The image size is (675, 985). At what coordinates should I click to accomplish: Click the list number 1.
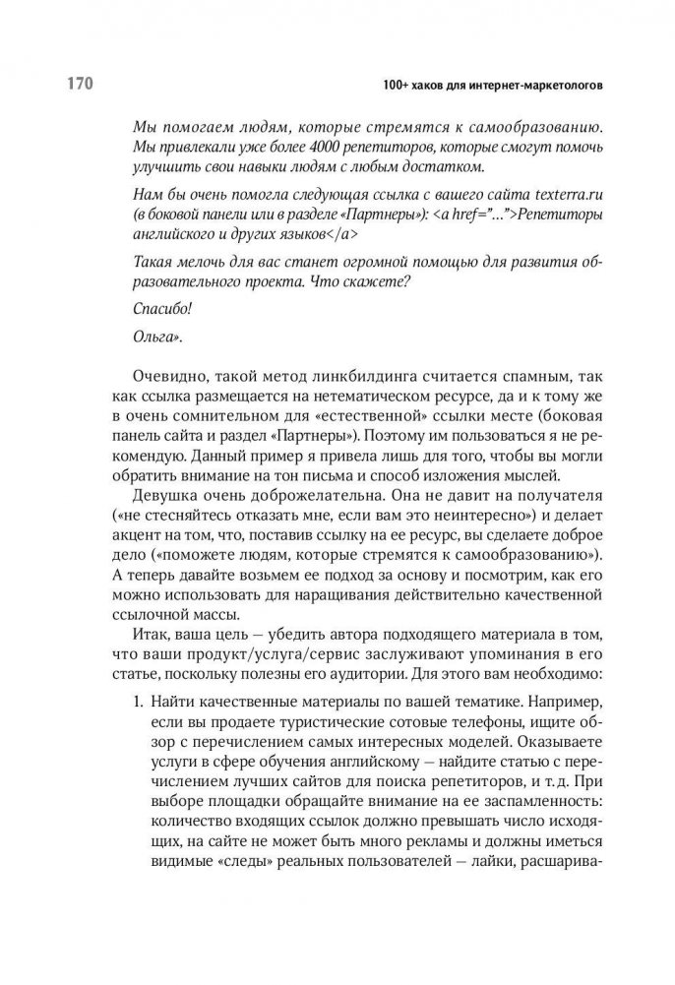(138, 705)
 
